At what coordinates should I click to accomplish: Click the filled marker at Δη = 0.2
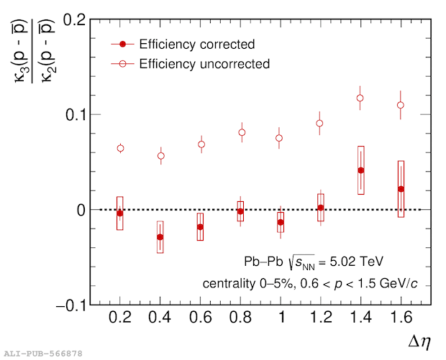(120, 213)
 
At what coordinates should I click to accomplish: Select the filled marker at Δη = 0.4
(160, 237)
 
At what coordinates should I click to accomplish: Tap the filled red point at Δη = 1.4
(361, 170)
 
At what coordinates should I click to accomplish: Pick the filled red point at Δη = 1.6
(401, 189)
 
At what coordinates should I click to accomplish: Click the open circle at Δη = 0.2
(120, 148)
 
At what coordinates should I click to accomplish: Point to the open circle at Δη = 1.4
(361, 98)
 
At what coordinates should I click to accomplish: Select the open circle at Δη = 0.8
(242, 132)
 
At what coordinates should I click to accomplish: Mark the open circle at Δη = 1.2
(320, 123)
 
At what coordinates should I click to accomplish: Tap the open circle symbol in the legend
(123, 64)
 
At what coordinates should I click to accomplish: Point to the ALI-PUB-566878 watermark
(43, 353)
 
